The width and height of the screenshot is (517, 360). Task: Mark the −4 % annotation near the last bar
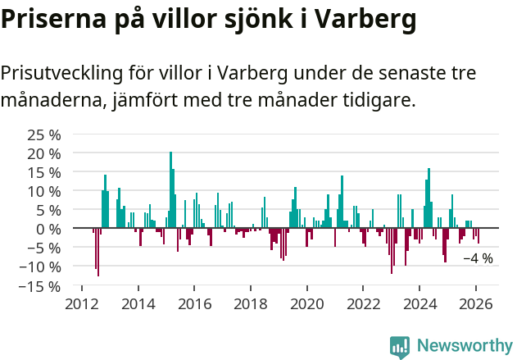(478, 258)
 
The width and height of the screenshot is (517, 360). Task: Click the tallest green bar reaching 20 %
(170, 189)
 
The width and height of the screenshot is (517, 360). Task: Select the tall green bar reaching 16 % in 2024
(429, 198)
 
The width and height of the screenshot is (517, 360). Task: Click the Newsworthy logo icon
(400, 346)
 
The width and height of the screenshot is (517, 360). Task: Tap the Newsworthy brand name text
(464, 346)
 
